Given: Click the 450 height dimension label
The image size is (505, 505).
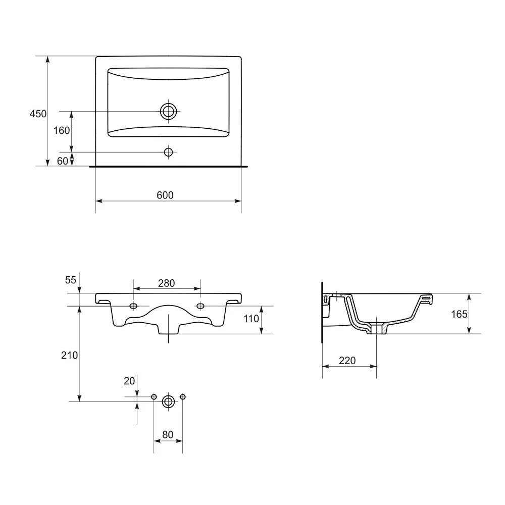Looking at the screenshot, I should click(38, 114).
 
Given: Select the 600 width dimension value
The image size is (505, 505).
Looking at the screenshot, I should click(165, 195).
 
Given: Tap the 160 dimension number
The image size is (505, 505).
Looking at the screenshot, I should click(62, 131).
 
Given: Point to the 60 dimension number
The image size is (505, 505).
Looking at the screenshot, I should click(63, 161).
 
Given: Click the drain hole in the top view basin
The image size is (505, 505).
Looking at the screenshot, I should click(168, 111).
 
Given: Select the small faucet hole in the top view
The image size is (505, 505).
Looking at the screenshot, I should click(168, 151).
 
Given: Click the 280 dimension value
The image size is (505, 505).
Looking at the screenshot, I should click(166, 283).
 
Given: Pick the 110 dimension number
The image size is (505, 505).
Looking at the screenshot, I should click(251, 319).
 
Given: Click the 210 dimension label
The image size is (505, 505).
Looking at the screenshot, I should click(70, 355).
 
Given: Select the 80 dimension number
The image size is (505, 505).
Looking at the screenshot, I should click(168, 434).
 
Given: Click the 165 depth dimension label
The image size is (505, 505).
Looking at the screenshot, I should click(459, 314).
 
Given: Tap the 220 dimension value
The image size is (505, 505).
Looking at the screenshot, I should click(347, 361).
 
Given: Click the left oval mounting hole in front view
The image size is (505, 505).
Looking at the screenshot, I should click(134, 306).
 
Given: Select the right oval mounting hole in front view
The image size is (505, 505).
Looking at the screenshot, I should click(200, 306).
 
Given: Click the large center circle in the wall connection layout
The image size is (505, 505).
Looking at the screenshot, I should click(168, 401).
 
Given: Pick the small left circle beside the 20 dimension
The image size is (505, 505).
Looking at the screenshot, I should click(154, 396).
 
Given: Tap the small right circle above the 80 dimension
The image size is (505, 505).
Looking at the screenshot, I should click(183, 396).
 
